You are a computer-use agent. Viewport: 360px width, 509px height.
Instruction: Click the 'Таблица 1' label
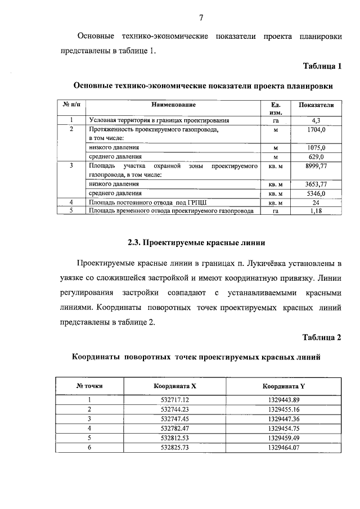(322, 66)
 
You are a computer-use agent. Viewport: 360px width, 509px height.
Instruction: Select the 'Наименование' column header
(173, 105)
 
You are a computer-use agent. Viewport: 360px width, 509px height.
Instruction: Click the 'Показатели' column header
(316, 105)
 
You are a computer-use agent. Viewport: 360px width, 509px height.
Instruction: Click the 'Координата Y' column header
(283, 386)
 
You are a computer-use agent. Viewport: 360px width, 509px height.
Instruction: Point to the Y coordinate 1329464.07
(283, 447)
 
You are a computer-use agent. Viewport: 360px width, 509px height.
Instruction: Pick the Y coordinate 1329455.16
(283, 409)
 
